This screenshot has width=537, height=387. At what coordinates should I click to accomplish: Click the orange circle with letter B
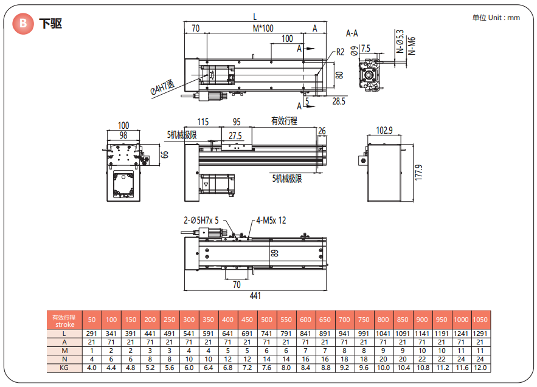[24, 24]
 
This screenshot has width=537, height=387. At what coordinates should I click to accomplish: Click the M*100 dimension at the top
[263, 29]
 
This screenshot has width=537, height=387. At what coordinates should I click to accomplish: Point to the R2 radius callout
[341, 52]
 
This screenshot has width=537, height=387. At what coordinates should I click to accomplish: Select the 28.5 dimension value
[339, 101]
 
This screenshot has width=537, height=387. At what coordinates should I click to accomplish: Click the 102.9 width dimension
[384, 131]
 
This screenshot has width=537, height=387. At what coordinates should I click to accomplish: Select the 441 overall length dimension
[255, 296]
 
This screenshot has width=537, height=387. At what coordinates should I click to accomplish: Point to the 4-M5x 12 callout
[271, 221]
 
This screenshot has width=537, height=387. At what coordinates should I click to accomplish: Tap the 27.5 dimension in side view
[235, 135]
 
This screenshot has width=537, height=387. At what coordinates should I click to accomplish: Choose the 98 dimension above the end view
[123, 134]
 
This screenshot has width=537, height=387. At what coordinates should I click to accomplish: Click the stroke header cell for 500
[266, 320]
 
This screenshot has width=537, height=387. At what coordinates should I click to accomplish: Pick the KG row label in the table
[64, 368]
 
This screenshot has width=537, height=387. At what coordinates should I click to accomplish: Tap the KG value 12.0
[480, 368]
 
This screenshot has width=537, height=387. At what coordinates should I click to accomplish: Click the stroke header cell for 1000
[460, 320]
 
